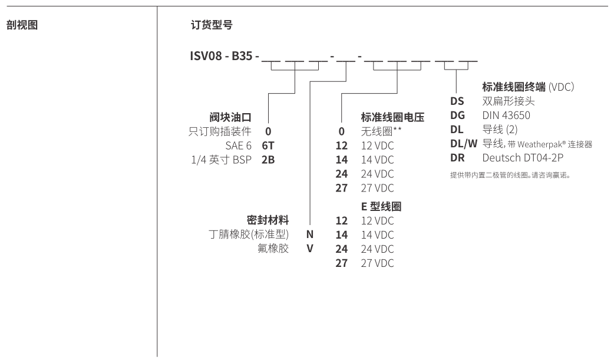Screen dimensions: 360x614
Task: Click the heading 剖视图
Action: click(22, 26)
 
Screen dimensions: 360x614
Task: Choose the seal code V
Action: click(309, 249)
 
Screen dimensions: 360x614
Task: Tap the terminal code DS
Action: click(457, 101)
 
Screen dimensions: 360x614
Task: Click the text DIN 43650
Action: click(506, 115)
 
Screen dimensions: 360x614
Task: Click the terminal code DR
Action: click(457, 158)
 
